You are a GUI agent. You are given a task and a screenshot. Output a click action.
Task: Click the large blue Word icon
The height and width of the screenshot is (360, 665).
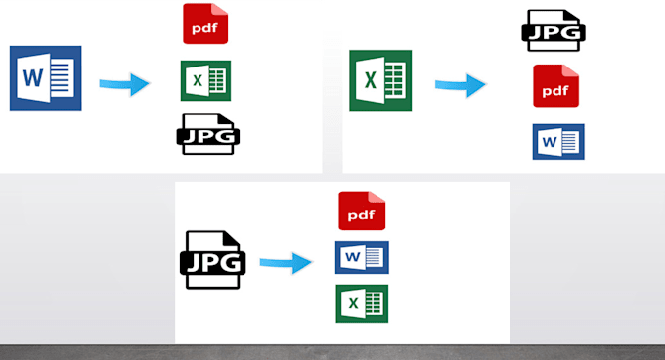45,78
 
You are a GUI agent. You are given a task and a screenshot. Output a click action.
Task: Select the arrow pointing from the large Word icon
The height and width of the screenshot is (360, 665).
124,84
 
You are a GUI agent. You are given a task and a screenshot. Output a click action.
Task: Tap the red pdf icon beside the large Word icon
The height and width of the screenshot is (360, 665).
205,23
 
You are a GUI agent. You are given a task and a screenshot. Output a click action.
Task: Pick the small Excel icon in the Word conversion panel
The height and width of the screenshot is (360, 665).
205,80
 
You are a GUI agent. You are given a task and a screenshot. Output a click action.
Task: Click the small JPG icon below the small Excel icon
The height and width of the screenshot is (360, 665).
207,134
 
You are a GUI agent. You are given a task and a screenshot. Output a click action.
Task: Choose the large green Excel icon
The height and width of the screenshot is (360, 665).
380,80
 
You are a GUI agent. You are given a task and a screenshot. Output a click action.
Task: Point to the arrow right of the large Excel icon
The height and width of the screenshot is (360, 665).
461,85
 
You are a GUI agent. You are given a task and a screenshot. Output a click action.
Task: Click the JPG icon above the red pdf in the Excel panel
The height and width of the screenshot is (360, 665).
554,30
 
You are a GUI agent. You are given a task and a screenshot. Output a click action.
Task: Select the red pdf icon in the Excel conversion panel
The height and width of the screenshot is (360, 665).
556,86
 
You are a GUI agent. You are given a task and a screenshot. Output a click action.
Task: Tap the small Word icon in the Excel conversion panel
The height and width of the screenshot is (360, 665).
558,142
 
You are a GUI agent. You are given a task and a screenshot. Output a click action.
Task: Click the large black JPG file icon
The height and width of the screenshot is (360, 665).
213,259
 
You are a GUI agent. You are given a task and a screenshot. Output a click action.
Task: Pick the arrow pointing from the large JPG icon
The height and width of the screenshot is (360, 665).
286,263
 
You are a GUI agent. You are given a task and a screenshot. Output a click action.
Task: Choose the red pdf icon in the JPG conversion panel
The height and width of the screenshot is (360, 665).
362,210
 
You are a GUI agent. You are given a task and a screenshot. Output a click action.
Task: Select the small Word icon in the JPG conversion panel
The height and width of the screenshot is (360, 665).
362,257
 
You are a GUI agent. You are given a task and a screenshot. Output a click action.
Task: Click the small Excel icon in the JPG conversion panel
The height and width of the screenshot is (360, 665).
362,303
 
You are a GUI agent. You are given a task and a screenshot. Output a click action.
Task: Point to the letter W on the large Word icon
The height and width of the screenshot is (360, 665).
33,77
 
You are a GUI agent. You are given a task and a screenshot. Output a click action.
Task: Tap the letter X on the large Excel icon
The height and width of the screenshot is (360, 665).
371,80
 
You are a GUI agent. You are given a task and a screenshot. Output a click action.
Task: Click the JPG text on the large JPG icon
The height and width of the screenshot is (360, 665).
213,263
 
